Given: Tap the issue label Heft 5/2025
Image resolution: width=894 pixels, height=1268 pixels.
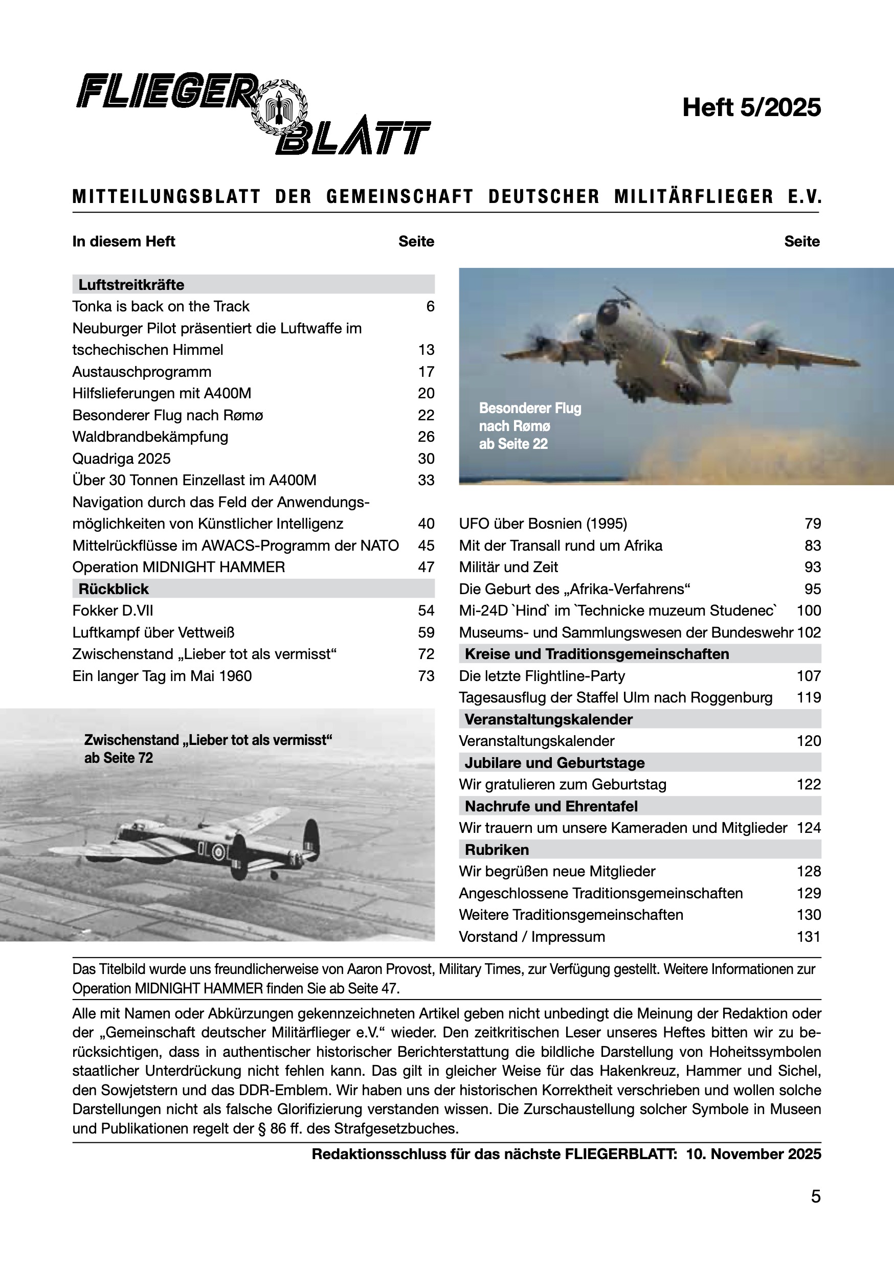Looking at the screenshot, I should pyautogui.click(x=751, y=107).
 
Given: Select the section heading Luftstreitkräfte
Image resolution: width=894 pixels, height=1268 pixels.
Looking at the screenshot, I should pyautogui.click(x=131, y=284).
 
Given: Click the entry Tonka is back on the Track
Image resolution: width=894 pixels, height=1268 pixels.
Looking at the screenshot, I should pyautogui.click(x=161, y=306).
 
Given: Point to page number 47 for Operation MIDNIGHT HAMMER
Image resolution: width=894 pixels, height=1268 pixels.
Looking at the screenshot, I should pyautogui.click(x=426, y=567).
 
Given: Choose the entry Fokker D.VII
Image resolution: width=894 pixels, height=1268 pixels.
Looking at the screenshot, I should pyautogui.click(x=113, y=610).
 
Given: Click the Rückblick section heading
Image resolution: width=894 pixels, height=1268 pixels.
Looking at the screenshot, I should pyautogui.click(x=114, y=588).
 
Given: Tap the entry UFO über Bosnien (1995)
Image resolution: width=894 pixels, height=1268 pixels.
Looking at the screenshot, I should pyautogui.click(x=543, y=524).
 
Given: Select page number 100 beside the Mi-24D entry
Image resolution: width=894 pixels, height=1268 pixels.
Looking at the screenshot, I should pyautogui.click(x=809, y=610).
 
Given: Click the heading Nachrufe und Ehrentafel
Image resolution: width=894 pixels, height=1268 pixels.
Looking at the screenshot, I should pyautogui.click(x=551, y=806).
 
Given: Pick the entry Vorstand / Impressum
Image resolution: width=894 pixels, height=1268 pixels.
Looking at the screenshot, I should pyautogui.click(x=532, y=937).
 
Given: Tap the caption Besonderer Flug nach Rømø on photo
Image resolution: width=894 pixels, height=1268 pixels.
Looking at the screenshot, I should pyautogui.click(x=530, y=426).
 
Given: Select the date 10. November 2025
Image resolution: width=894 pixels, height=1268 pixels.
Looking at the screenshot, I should pyautogui.click(x=754, y=1154).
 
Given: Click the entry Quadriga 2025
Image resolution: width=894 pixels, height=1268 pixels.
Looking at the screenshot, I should pyautogui.click(x=122, y=459).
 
